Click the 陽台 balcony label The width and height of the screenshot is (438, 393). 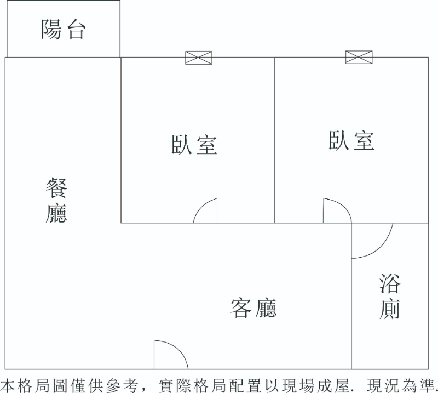(64, 30)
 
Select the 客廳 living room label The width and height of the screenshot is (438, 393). (253, 308)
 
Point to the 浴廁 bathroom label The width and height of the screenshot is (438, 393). (390, 297)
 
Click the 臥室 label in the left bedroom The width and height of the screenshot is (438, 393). (194, 144)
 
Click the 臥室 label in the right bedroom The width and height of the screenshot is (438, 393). (351, 141)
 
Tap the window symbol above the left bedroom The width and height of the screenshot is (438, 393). (198, 58)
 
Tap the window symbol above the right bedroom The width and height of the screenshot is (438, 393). (359, 57)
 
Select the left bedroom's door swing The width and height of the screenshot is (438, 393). (207, 212)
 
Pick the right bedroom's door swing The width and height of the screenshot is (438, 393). (335, 212)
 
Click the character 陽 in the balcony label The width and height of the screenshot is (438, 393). (51, 30)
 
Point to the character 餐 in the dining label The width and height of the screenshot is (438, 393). (56, 189)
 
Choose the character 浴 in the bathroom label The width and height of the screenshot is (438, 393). (390, 284)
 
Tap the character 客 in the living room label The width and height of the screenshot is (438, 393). (241, 308)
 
